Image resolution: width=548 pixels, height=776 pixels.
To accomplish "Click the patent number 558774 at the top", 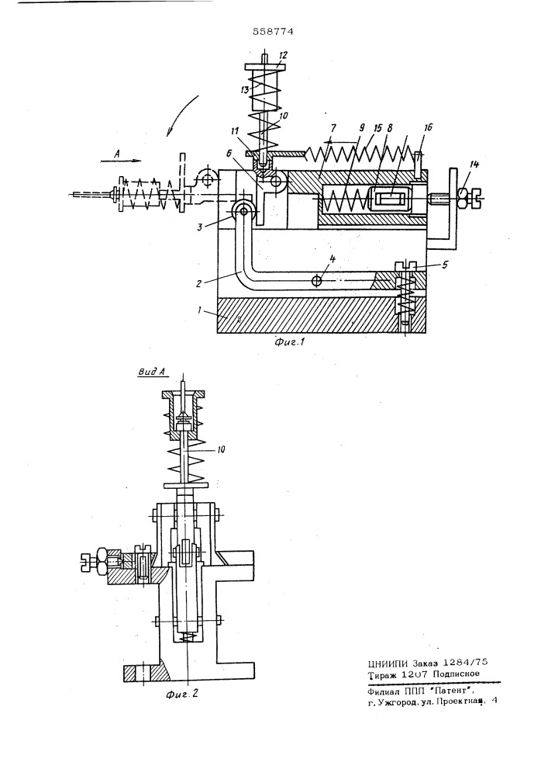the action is coord(273,32).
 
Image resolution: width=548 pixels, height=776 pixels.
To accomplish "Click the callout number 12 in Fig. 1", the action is coord(283,55).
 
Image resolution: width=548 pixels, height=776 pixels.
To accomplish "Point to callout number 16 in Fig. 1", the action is coord(427,128).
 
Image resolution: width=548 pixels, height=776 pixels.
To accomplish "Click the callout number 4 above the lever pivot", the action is coord(332,259).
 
